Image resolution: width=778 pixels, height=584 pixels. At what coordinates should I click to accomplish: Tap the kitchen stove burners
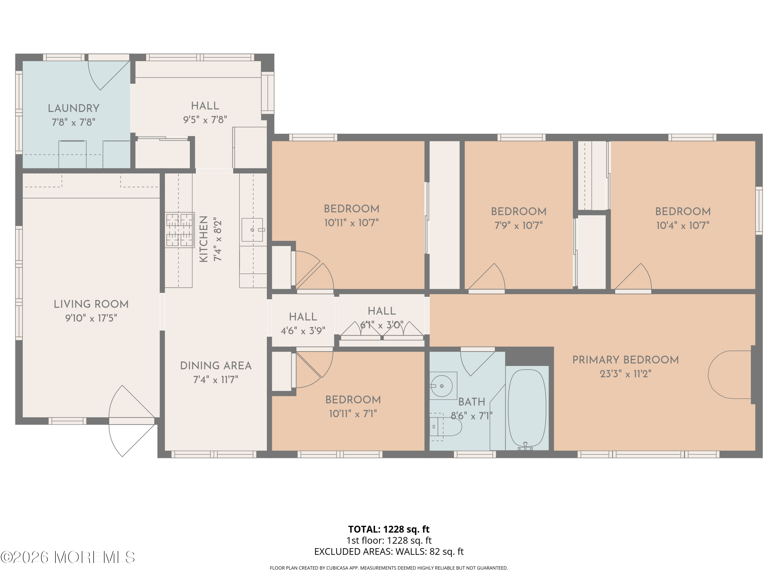(x=180, y=229)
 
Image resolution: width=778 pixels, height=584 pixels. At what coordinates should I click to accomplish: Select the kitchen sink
(x=252, y=229)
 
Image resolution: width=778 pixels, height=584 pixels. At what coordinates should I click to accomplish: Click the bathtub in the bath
(x=527, y=408)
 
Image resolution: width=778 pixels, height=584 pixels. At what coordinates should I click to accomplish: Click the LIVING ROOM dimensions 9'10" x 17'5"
(x=91, y=318)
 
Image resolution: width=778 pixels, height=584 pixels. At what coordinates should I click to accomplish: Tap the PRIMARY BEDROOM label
(x=625, y=360)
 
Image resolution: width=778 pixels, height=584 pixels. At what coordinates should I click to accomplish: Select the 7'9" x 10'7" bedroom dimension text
(x=518, y=225)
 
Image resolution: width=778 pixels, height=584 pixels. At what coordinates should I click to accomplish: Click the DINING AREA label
(x=216, y=366)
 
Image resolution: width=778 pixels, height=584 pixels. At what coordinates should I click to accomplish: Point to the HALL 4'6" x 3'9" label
(x=303, y=317)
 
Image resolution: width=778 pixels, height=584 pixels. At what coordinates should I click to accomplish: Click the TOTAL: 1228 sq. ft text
(x=389, y=529)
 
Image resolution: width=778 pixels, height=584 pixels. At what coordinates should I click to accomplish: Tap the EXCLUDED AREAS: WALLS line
(x=389, y=552)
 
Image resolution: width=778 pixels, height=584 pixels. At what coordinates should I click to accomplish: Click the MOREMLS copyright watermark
(x=67, y=557)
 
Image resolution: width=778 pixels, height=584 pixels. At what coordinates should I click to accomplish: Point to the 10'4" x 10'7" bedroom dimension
(x=683, y=225)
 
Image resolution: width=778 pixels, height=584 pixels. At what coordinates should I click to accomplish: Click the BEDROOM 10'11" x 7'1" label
(x=353, y=400)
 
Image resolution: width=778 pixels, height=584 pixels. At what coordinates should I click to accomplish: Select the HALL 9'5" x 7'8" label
(x=205, y=106)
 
